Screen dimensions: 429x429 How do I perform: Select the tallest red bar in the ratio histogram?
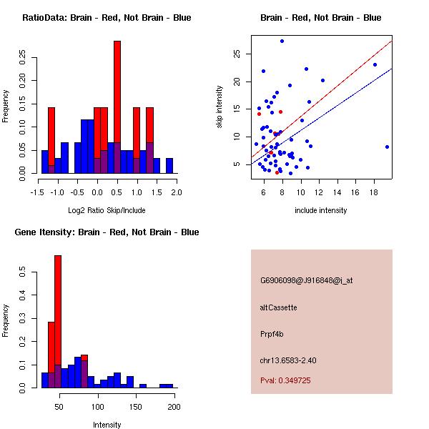[117, 107]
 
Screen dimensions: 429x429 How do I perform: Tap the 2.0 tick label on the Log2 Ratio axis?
[177, 192]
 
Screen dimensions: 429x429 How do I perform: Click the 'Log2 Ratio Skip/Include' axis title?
[107, 210]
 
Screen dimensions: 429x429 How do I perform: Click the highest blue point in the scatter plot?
[282, 41]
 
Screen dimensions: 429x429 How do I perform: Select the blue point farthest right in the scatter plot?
[387, 147]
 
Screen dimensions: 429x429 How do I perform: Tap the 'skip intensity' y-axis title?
[221, 107]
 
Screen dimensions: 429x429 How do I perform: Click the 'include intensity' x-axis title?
[321, 210]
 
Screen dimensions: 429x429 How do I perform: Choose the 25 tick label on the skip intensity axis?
[235, 53]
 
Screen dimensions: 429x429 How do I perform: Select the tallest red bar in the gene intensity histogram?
[58, 321]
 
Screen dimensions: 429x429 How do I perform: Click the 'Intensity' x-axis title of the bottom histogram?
[107, 425]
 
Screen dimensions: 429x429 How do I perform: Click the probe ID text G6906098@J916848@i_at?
[306, 280]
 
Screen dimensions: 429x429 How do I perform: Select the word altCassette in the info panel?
[278, 307]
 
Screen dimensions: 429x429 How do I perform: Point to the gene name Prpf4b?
[273, 334]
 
